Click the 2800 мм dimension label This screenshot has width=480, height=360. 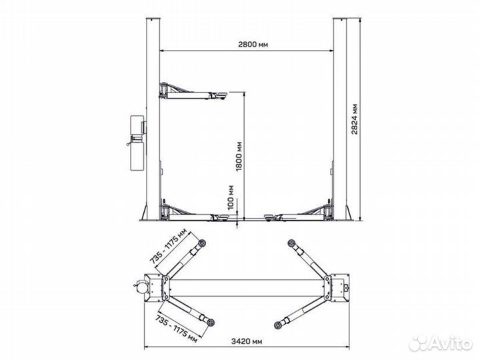(x=253, y=45)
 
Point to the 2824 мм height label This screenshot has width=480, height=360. (x=355, y=119)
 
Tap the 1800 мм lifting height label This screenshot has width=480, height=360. (x=239, y=156)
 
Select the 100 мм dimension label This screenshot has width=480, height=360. (x=231, y=197)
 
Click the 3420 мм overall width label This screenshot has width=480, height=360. (x=247, y=341)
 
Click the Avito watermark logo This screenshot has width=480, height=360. (x=441, y=343)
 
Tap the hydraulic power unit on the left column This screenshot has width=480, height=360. (x=137, y=143)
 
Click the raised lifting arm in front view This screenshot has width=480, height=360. (x=193, y=91)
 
